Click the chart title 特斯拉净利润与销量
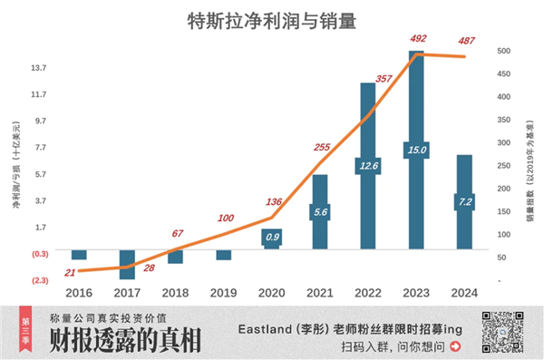(271, 20)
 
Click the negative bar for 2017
(127, 263)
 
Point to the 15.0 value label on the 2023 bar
(416, 150)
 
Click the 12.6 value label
(368, 166)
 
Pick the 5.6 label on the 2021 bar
(320, 211)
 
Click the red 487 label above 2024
(467, 40)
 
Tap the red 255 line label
(321, 147)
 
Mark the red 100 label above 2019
(225, 219)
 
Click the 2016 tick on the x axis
(79, 293)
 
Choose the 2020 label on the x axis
(272, 293)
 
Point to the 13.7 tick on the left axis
(39, 68)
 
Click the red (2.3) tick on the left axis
(39, 280)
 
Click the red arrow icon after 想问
(455, 345)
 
